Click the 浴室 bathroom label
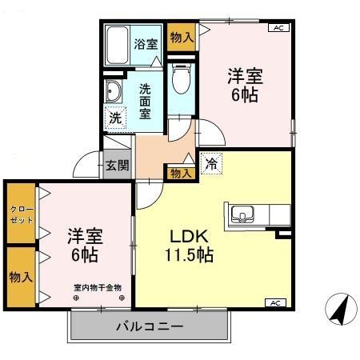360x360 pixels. pos(146,43)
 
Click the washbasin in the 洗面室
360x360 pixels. pos(112,91)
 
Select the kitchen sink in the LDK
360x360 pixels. pos(242,214)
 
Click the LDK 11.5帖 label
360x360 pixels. pos(189,246)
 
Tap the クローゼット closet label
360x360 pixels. pos(19,214)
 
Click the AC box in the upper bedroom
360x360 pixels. pos(278,28)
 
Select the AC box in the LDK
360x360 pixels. pos(274,303)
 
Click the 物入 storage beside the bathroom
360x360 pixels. pos(182,38)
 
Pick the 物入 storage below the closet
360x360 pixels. pos(19,277)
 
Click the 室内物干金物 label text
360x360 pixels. pos(97,286)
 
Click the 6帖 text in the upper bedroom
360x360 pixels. pos(246,94)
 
